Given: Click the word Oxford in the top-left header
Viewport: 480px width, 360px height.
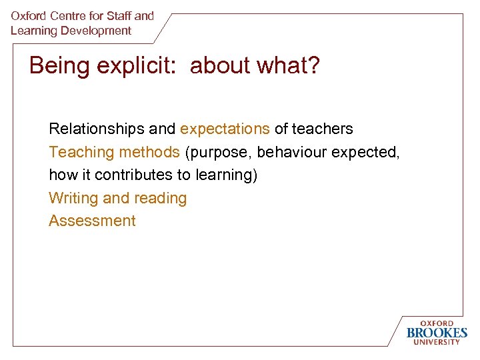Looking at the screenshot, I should [28, 15].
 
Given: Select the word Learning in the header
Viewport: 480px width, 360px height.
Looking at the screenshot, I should [33, 31].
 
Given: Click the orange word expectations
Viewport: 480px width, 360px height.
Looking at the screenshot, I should [225, 129].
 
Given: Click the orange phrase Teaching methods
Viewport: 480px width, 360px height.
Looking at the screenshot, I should [114, 152].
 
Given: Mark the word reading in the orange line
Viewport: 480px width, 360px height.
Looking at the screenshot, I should [161, 198].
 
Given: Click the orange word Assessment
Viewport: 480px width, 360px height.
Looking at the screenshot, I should [92, 221].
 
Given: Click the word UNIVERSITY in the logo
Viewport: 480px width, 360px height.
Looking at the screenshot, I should [437, 342].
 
